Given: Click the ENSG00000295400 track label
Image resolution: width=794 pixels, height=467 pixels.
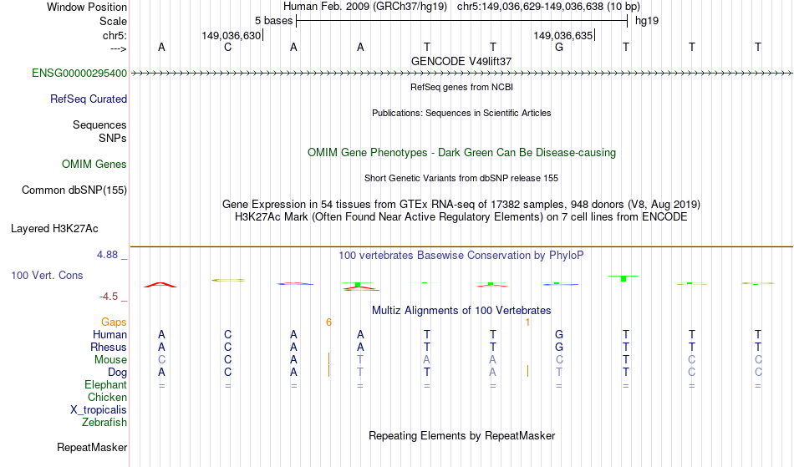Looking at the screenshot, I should (x=79, y=74).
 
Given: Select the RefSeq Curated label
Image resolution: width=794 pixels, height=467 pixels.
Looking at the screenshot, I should (x=89, y=99).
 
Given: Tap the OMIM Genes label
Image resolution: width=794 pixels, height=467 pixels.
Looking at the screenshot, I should (x=94, y=165).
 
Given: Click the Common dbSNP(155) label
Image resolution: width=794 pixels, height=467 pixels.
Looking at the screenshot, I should (x=74, y=190).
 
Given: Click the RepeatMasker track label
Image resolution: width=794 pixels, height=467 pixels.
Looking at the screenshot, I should (x=92, y=448).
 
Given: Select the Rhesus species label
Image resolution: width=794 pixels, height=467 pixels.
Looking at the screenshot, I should (x=109, y=348).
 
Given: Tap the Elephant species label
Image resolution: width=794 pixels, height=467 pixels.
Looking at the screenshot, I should (x=106, y=385).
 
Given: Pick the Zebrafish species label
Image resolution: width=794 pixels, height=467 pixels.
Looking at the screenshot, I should (x=105, y=423).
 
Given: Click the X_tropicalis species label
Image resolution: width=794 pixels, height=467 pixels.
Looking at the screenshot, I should (x=99, y=410).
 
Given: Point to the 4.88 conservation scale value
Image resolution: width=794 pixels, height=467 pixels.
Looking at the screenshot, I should (x=113, y=255).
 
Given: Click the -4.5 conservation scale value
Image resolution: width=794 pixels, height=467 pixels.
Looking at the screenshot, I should (x=113, y=297).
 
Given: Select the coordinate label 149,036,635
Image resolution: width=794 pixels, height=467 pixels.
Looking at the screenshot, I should (x=562, y=36).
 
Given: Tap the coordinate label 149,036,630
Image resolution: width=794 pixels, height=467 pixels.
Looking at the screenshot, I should (x=232, y=36).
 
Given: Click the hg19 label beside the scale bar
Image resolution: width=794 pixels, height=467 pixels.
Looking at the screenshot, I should (x=647, y=20).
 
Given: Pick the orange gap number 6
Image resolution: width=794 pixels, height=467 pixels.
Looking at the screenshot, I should (x=329, y=322).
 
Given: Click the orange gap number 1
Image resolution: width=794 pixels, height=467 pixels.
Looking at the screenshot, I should (x=527, y=322).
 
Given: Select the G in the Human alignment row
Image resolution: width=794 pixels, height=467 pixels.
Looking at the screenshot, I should (x=559, y=335).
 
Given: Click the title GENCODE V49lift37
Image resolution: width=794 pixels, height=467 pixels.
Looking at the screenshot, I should (x=461, y=62).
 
